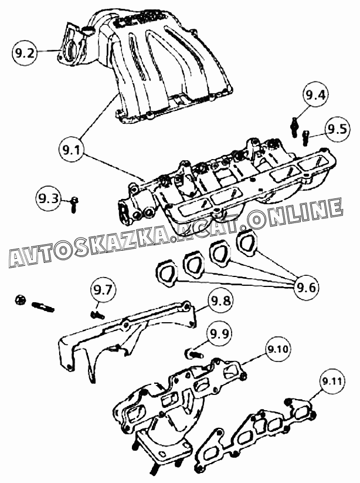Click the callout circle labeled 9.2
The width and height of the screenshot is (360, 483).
[x=25, y=53]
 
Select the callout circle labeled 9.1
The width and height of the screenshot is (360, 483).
[x=71, y=150]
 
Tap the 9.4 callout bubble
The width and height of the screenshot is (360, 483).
[x=315, y=95]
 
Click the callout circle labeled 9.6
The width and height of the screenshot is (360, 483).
[x=307, y=287]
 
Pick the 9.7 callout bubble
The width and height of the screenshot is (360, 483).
[x=103, y=290]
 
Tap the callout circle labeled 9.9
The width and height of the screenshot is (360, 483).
[x=219, y=334]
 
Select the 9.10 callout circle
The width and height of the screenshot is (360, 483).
[x=278, y=349]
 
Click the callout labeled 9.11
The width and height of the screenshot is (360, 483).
[x=332, y=381]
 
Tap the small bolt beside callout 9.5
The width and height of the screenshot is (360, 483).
[x=306, y=138]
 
